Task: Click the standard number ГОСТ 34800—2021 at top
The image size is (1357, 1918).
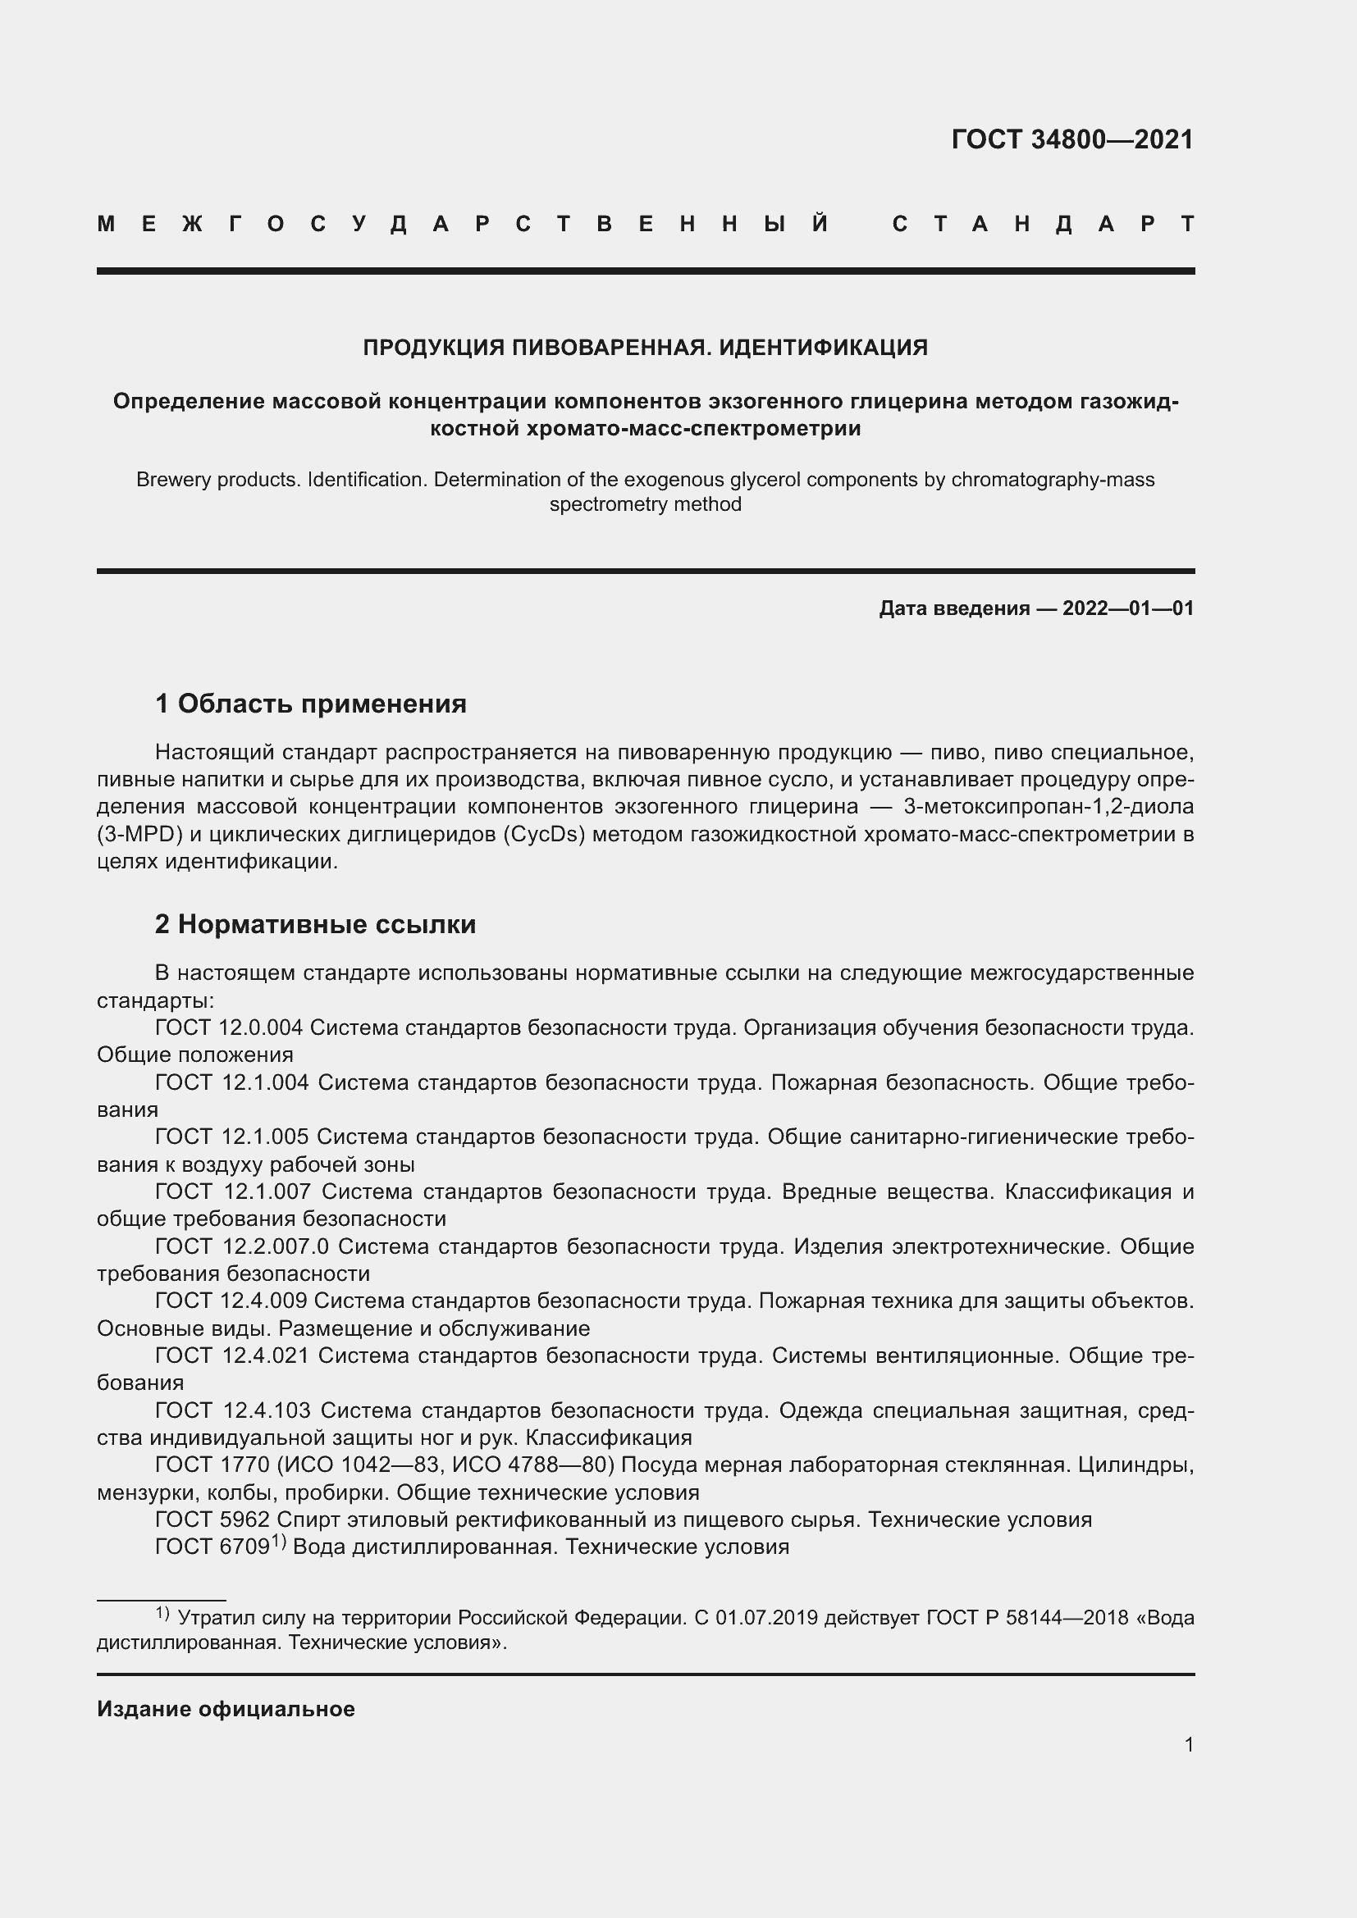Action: [x=1072, y=139]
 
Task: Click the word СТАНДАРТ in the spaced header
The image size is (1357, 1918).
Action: [x=1044, y=225]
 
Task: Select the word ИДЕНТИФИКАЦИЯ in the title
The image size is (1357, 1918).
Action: [x=823, y=348]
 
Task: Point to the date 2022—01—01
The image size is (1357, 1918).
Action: [x=1128, y=608]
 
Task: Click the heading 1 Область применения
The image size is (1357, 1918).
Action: [x=311, y=704]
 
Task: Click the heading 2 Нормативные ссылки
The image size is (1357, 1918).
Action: [x=316, y=924]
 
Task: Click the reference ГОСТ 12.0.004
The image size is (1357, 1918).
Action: [x=229, y=1027]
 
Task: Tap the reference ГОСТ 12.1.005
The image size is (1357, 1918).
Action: [x=231, y=1137]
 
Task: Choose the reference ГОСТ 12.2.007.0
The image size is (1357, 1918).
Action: [x=241, y=1246]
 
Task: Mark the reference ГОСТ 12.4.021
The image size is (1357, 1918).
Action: [x=231, y=1355]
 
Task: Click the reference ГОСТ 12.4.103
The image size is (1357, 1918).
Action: [x=232, y=1410]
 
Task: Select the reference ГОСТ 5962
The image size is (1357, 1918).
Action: [x=212, y=1519]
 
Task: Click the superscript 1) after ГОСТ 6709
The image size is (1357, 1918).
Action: [x=278, y=1543]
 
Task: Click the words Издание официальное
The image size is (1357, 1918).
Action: [x=226, y=1709]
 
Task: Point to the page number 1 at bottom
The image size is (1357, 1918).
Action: [x=1189, y=1744]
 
